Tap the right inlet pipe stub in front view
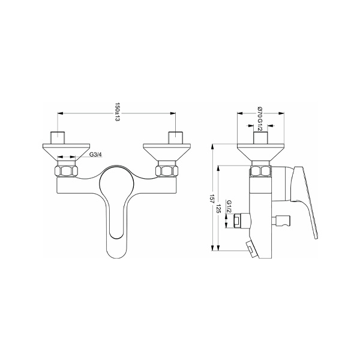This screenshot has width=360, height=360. (175, 136)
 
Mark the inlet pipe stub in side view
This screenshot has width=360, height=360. (260, 137)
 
